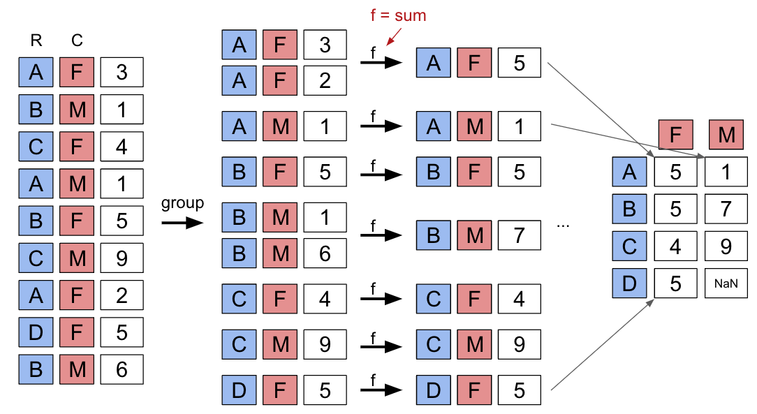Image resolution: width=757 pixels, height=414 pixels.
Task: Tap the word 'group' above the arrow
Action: coord(182,203)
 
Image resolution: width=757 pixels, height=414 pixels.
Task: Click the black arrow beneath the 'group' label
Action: coord(182,223)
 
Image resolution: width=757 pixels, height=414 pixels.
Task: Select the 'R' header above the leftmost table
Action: coord(36,41)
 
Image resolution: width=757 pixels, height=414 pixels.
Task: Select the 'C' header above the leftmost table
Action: coord(77,41)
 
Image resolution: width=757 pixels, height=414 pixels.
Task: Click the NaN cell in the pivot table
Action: coord(726,284)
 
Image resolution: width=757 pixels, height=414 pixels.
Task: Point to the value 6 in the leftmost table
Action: coord(122,369)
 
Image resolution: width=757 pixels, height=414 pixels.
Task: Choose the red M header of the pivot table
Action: coord(726,134)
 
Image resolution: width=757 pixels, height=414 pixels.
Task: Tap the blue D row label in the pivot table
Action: coord(629,284)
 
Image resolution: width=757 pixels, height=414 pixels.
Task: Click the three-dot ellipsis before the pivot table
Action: coord(565,226)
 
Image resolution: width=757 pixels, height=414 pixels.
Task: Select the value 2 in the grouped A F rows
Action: coord(325,80)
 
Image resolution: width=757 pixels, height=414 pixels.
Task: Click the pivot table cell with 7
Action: coord(726,209)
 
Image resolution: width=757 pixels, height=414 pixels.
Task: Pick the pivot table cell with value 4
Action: coord(675,246)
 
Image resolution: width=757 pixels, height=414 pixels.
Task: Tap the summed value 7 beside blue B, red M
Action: coord(519,235)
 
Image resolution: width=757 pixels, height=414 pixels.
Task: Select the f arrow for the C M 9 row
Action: coord(381,344)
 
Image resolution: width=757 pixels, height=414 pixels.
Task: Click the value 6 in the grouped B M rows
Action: coord(325,253)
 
